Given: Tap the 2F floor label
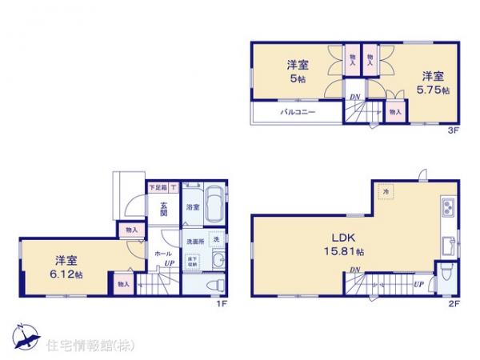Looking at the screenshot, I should [452, 304].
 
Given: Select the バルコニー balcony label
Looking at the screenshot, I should [298, 113].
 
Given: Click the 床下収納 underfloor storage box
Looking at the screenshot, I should [194, 262].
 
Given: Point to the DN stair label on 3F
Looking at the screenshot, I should [354, 98].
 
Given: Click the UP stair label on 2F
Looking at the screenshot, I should [418, 283].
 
